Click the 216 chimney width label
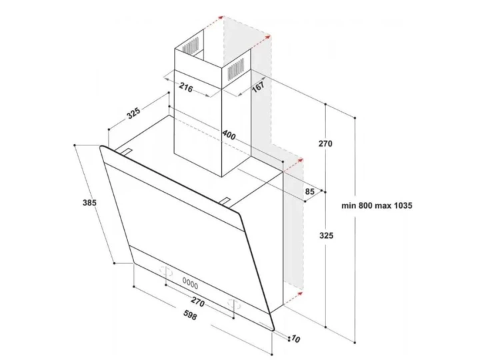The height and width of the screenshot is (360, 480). [186, 88]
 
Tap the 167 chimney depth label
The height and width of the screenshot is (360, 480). [258, 87]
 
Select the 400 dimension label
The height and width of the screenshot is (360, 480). [229, 135]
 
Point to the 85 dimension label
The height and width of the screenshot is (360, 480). [310, 191]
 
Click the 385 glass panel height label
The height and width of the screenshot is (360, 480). [89, 203]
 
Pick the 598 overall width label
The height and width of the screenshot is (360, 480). [190, 315]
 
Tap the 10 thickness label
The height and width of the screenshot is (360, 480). [296, 339]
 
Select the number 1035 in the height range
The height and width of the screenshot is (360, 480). [401, 205]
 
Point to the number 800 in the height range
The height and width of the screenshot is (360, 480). [363, 205]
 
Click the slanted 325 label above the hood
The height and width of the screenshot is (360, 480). [134, 113]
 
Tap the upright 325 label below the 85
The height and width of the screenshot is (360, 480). [326, 235]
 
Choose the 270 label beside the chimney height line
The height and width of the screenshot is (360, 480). [325, 143]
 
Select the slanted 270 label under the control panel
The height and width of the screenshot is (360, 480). [197, 302]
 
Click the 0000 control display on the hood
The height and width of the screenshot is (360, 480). [190, 283]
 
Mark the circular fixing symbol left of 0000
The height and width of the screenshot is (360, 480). [165, 271]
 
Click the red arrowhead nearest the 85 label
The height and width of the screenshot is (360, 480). [300, 161]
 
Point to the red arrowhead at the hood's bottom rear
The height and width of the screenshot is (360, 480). [300, 293]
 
